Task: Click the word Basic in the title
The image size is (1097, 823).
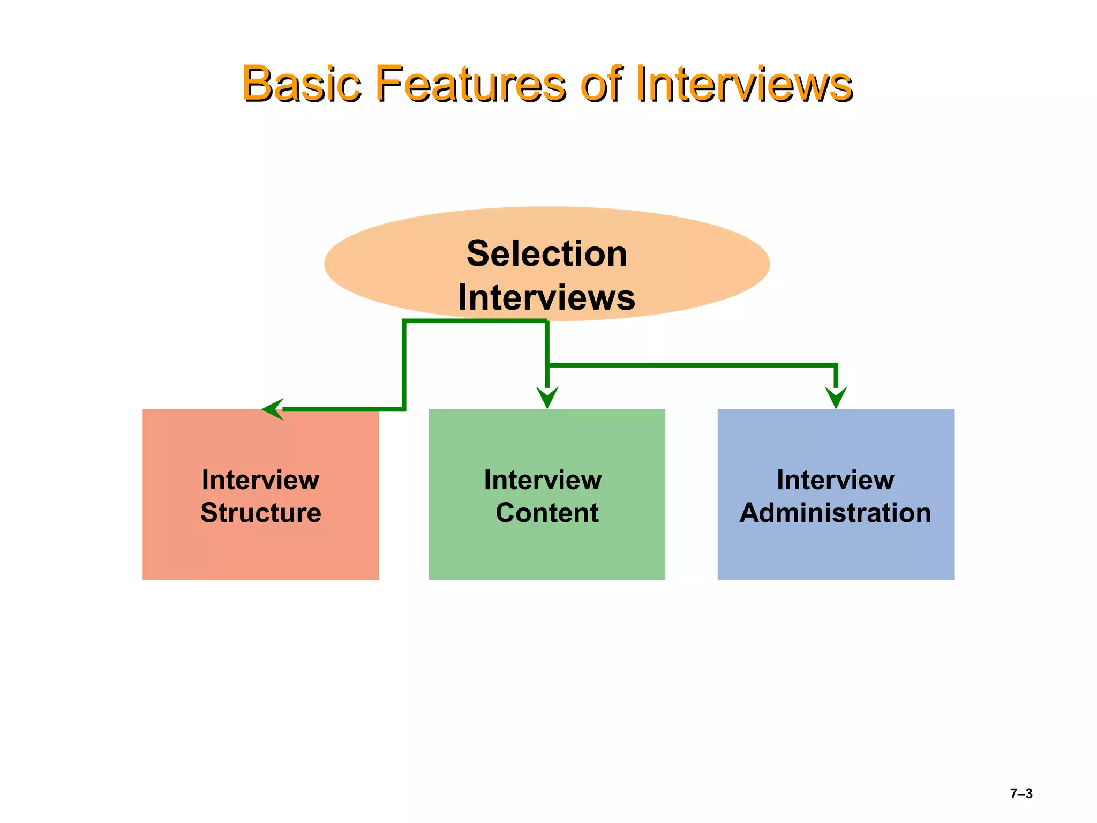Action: coord(301,84)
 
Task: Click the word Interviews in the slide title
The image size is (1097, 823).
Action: coord(745,84)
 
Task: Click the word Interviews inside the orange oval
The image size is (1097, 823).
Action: coord(546,297)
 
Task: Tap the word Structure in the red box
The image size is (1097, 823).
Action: coord(261,513)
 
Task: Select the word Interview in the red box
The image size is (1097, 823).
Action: coord(261,480)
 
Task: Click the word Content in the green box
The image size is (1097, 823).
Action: coord(547,513)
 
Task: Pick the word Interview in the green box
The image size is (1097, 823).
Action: coord(543,480)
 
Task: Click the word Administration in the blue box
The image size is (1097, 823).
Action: coord(836,513)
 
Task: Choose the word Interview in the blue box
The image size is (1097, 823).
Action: coord(836,480)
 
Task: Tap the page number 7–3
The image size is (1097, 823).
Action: coord(1021,794)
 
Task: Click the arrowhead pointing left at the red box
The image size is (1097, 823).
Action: coord(272,409)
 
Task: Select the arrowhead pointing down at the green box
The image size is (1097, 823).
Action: coord(547,398)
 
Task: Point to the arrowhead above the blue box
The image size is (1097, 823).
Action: coord(836,398)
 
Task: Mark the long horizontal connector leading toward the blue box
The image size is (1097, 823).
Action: coord(691,365)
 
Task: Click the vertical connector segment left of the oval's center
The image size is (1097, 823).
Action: coord(404,364)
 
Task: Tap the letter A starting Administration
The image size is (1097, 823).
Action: coord(751,513)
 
